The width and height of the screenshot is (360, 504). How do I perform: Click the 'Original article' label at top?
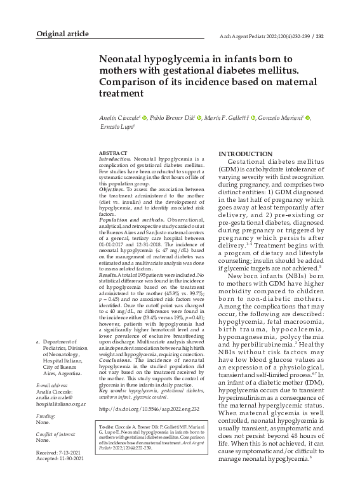pos(62,34)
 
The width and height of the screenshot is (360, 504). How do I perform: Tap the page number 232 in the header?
pos(320,36)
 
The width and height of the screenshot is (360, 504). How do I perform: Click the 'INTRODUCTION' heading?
pos(245,154)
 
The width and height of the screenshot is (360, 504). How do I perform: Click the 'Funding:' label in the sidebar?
pos(44,414)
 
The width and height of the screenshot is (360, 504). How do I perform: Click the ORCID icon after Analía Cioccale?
pos(145,118)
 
